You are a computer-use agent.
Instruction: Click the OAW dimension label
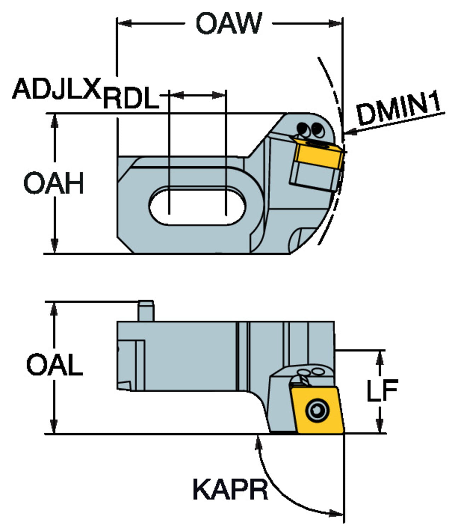point(229,24)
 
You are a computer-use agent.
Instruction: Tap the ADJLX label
point(57,89)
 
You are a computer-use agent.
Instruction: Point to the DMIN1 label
point(399,109)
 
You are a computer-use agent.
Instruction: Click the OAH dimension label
point(54,183)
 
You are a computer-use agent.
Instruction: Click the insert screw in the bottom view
point(317,411)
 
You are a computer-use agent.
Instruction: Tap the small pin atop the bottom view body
point(146,310)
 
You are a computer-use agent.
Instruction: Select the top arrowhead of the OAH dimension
point(54,121)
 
